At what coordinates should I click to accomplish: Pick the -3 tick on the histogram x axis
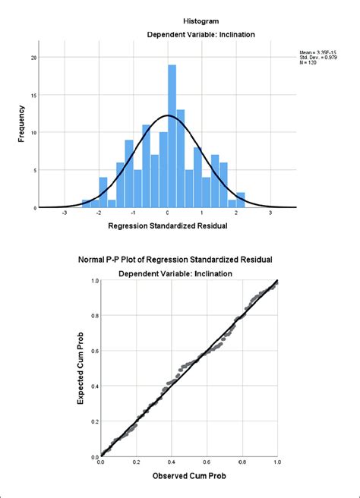pos(65,215)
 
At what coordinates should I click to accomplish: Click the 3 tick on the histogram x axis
pos(270,215)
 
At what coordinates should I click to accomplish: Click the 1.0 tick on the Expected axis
pos(94,281)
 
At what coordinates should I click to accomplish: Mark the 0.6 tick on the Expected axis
pos(94,351)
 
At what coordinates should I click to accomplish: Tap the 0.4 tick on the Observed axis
pos(171,462)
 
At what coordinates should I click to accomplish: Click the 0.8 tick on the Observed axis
pos(242,462)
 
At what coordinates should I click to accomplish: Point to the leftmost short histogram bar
pos(86,203)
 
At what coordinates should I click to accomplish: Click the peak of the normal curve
pos(168,115)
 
